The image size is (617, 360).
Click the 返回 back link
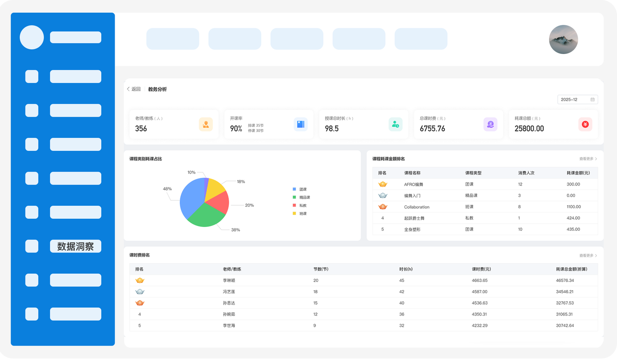click(134, 89)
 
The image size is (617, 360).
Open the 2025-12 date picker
click(577, 99)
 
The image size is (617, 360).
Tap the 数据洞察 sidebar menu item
click(76, 246)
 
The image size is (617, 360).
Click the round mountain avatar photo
click(563, 40)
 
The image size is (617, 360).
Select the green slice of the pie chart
click(206, 216)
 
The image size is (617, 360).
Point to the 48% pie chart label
click(167, 189)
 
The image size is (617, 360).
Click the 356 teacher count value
click(141, 129)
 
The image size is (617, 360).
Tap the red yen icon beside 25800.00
click(585, 124)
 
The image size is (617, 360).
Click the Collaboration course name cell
click(416, 207)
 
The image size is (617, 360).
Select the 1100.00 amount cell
click(574, 207)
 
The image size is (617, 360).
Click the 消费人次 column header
click(526, 173)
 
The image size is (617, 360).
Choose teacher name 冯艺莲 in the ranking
click(228, 292)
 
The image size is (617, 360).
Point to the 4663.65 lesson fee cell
click(480, 280)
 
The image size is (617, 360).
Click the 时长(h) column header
click(406, 269)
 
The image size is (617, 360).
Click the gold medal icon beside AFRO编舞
click(383, 184)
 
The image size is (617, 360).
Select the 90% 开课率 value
click(236, 129)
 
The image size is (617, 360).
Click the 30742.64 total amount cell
click(564, 326)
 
